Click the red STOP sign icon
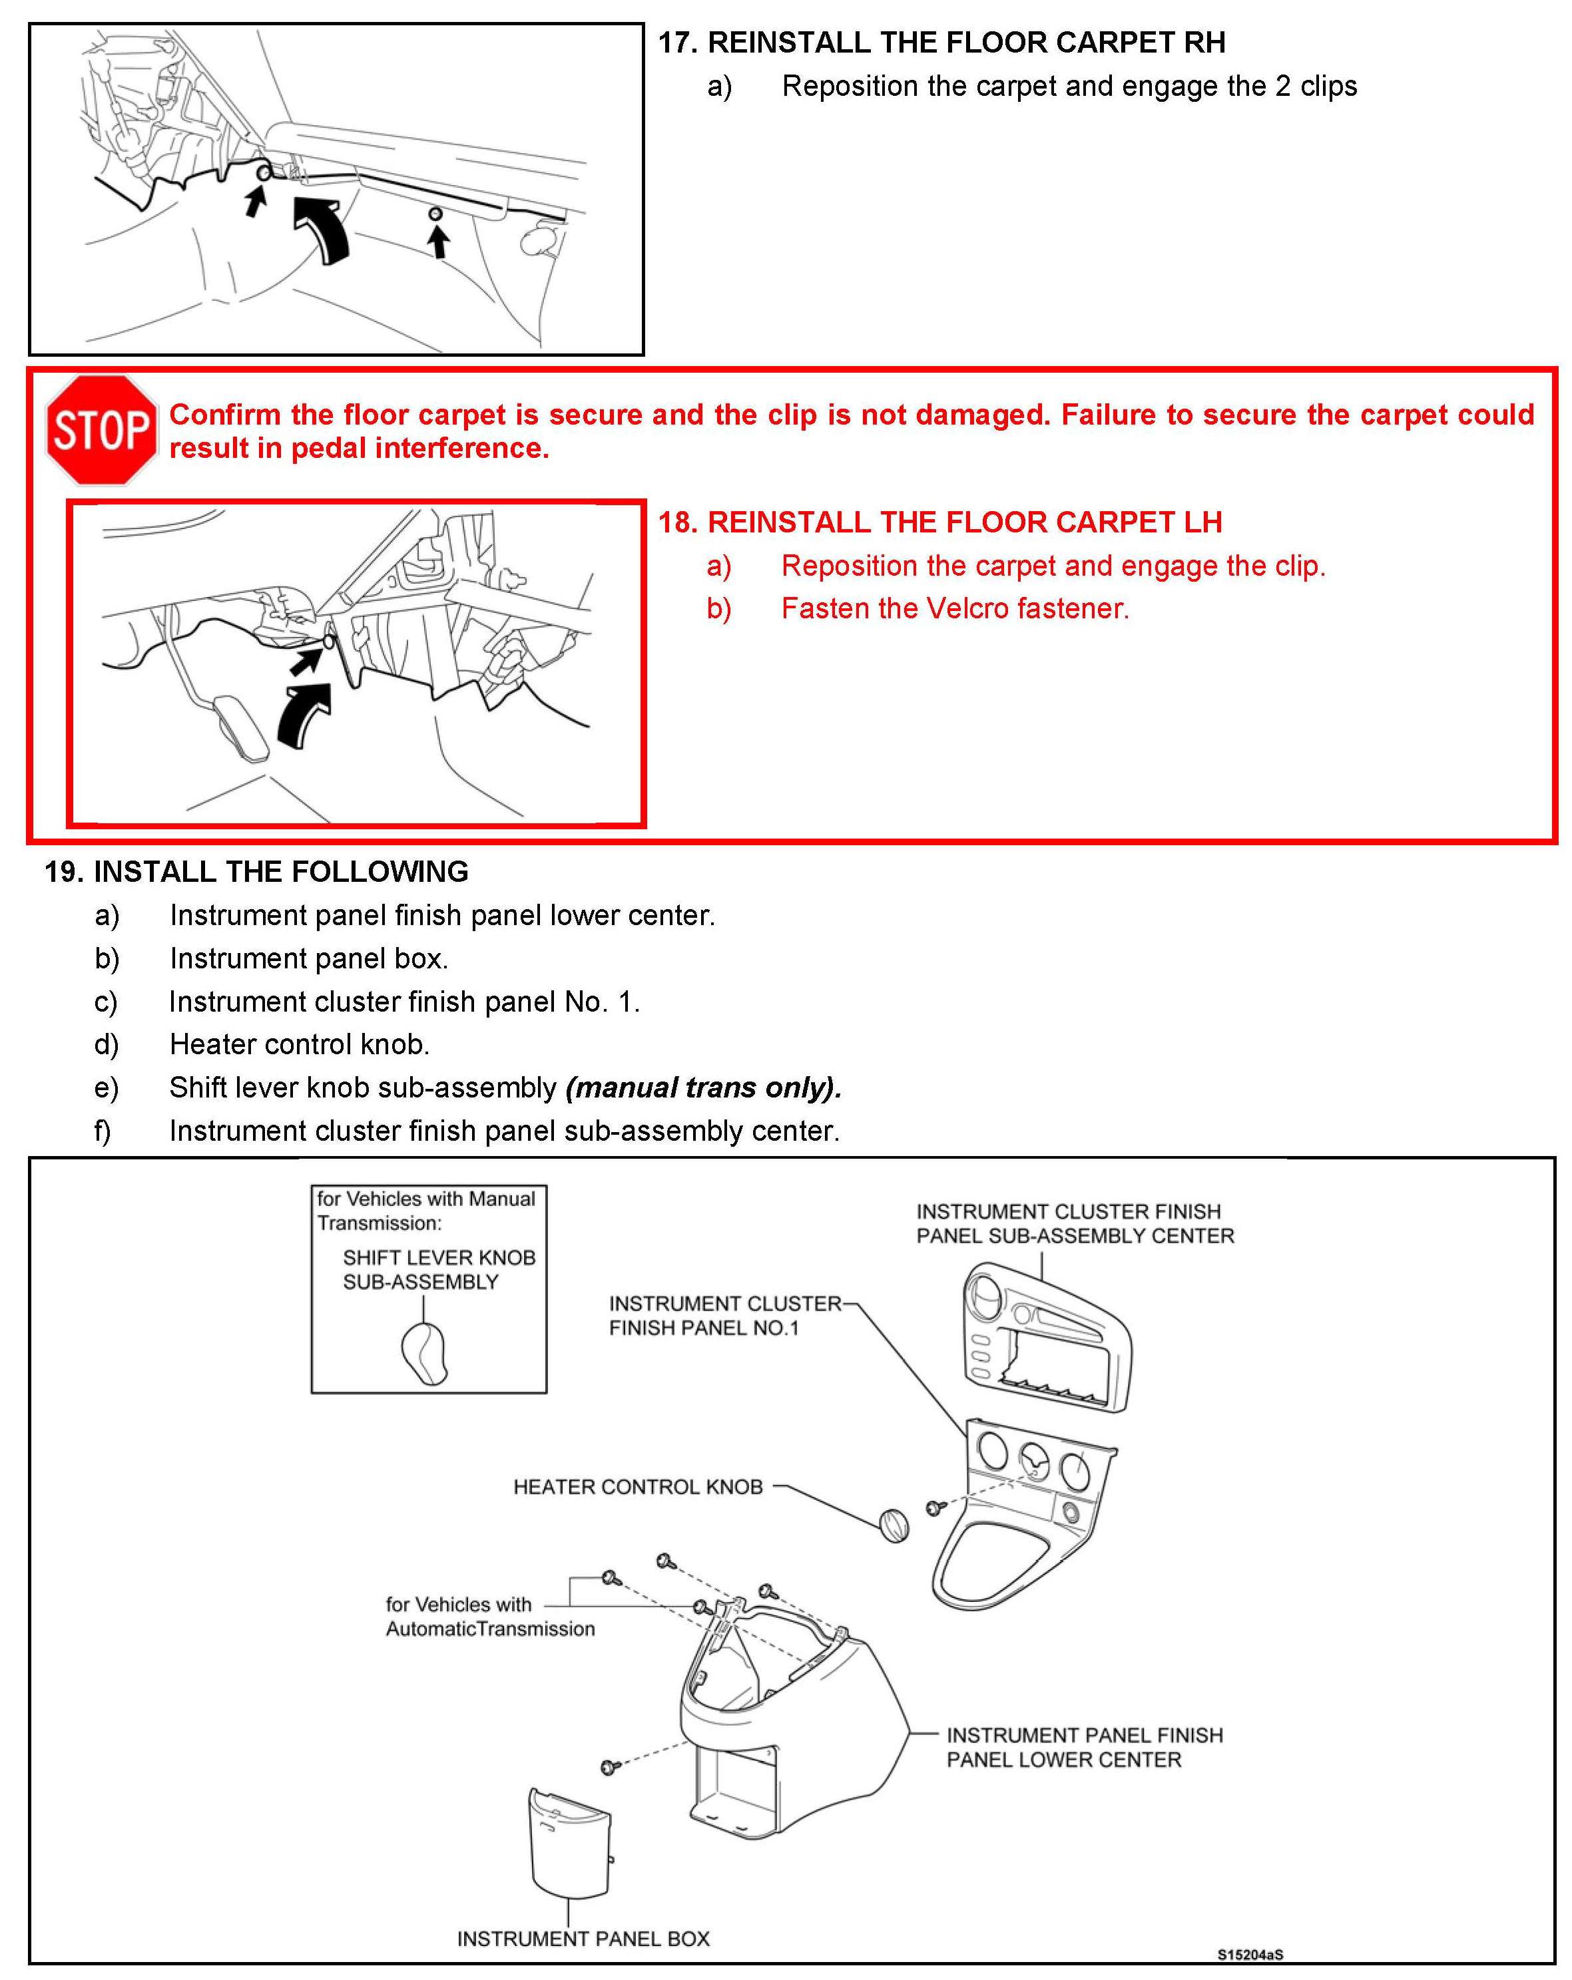pos(101,429)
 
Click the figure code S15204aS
pos(1250,1954)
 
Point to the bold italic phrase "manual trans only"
pos(703,1088)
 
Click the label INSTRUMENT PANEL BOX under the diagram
pos(583,1939)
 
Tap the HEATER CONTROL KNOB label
pos(638,1487)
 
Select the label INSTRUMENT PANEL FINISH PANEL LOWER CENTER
pos(1084,1747)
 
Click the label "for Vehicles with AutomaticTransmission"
pos(489,1617)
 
